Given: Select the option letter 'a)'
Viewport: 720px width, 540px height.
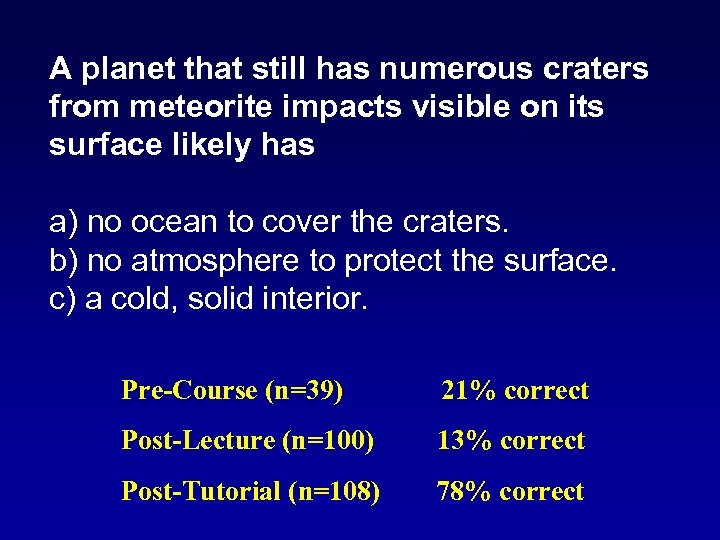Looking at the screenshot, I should [x=64, y=221].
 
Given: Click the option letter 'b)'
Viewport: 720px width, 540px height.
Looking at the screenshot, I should [x=64, y=260].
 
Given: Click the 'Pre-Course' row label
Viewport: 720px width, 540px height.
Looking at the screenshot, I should [x=189, y=390].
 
